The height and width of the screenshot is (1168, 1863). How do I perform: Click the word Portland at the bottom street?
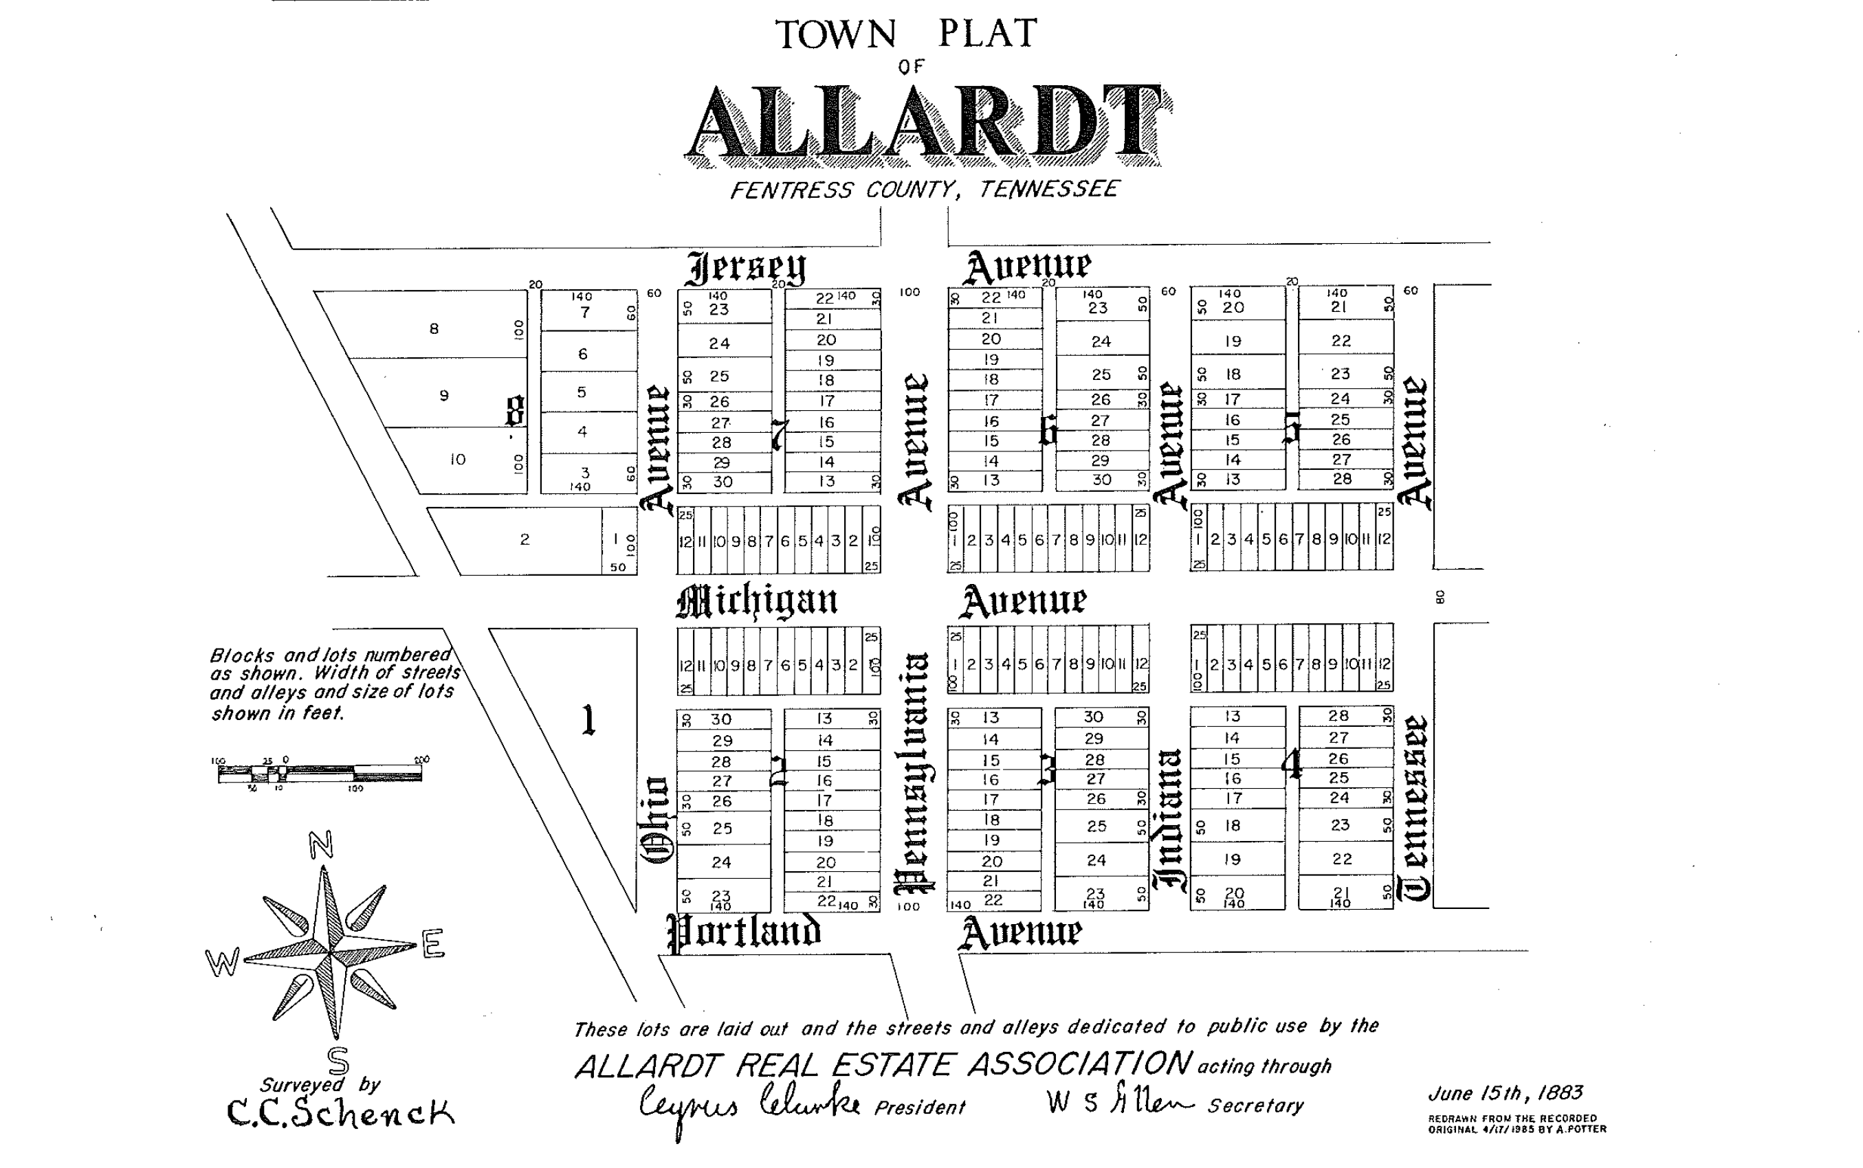click(x=744, y=932)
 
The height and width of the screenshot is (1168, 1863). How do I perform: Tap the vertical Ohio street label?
click(x=656, y=820)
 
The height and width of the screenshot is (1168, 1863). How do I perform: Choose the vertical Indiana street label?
click(x=1170, y=819)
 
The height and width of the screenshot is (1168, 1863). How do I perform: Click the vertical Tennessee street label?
click(x=1415, y=808)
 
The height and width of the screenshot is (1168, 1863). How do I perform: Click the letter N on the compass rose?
click(x=320, y=845)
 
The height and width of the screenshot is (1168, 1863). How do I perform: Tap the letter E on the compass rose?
click(x=432, y=943)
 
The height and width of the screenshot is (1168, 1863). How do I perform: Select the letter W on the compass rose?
click(x=222, y=963)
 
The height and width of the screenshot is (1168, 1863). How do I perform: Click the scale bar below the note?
click(x=320, y=772)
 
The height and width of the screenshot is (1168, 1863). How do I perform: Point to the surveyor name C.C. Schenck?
click(x=340, y=1112)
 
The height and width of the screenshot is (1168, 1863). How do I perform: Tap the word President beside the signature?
click(x=920, y=1108)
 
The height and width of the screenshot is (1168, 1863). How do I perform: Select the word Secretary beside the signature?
click(x=1255, y=1106)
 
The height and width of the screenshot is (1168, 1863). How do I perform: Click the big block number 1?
click(x=588, y=721)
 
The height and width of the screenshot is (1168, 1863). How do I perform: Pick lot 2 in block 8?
click(x=525, y=539)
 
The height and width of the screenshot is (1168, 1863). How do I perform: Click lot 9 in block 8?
click(x=443, y=396)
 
